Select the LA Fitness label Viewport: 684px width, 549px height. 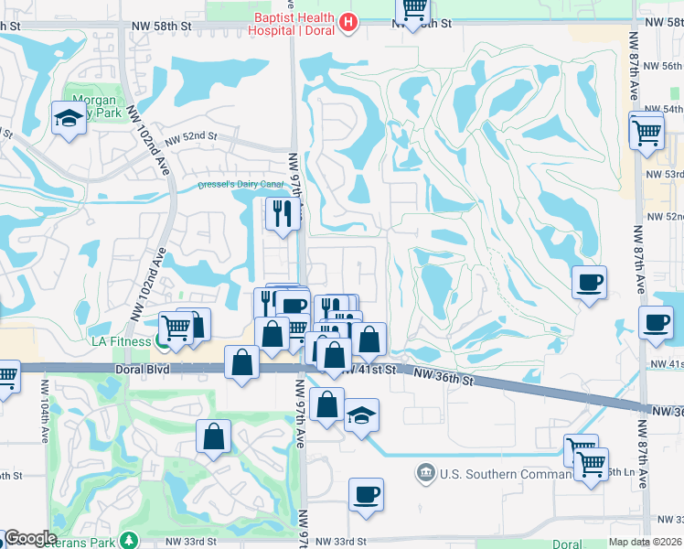123,341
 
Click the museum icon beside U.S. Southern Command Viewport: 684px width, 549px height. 425,473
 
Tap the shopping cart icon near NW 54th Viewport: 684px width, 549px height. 647,131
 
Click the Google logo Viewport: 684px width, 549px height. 29,538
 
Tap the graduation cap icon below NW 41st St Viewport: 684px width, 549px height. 361,414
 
